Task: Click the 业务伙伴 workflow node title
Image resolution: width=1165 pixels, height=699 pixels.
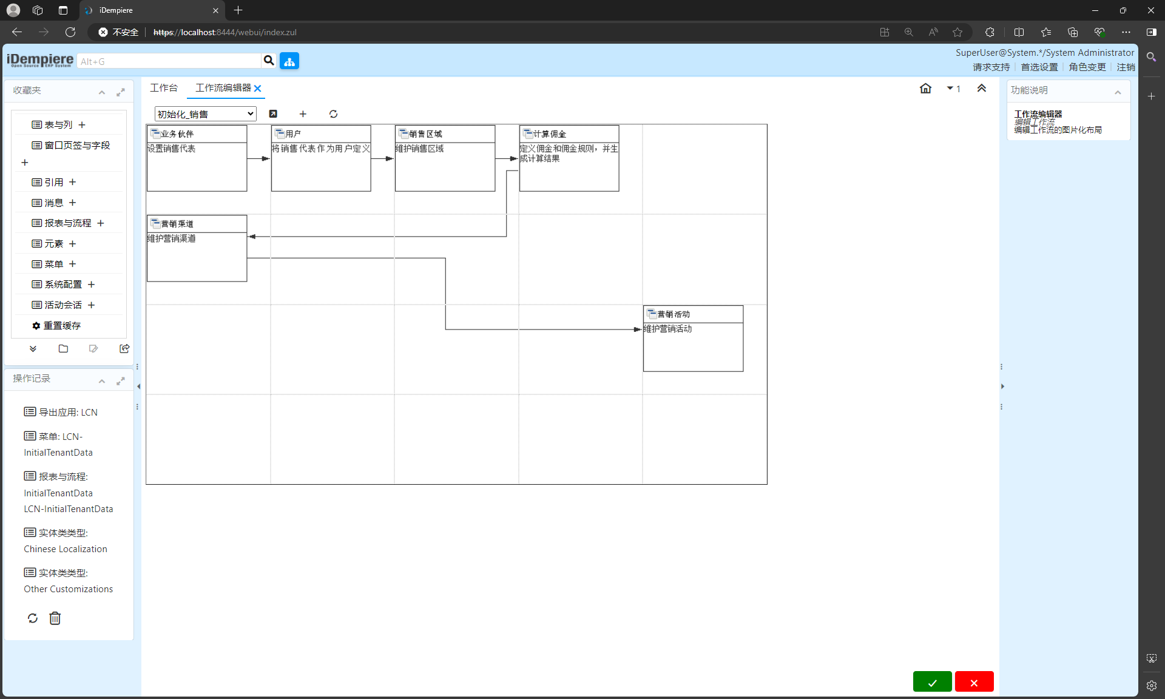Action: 177,134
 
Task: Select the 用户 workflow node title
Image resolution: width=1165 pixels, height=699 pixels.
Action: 293,134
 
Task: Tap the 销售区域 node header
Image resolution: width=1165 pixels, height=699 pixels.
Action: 425,134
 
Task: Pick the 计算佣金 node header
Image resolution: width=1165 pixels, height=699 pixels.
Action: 550,134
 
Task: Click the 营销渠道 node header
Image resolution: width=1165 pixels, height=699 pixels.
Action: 177,224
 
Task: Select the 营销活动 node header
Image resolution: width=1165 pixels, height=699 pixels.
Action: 674,314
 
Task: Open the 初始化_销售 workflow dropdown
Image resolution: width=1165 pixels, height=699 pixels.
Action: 206,114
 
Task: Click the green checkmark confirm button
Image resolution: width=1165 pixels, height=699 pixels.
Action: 932,682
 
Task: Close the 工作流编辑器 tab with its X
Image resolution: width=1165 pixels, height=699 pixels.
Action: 258,89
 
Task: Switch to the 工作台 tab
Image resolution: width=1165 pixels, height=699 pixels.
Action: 164,88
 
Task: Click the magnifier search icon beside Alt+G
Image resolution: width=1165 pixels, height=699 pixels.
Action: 269,61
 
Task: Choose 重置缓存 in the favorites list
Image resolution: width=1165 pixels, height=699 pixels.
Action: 62,326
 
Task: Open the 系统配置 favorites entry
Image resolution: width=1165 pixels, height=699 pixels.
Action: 63,285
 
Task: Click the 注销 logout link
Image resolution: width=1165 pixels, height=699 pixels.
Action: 1126,67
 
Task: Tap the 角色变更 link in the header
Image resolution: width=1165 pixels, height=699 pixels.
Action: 1087,67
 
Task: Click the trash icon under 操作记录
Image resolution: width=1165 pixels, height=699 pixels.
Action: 55,618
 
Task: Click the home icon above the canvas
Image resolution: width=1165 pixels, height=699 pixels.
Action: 925,89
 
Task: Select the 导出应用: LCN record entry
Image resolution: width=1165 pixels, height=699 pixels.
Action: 61,413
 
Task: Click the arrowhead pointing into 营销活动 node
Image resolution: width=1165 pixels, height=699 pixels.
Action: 638,329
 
